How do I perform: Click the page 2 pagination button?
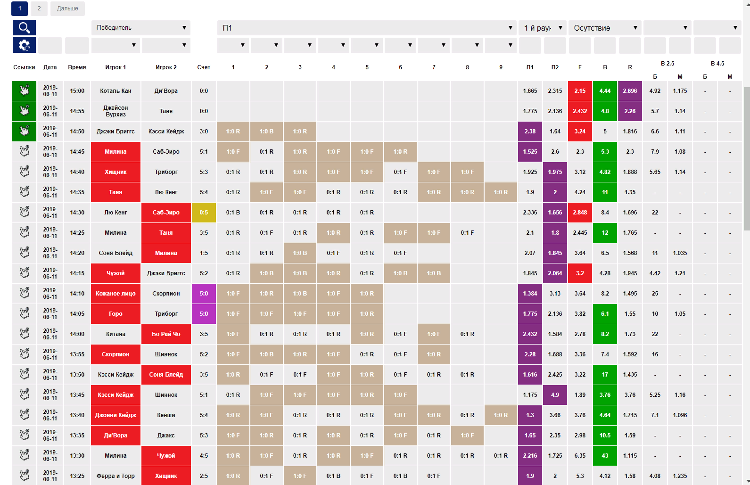(x=39, y=8)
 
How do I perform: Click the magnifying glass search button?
(x=24, y=28)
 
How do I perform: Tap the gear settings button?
(x=24, y=45)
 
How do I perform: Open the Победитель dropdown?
(x=140, y=28)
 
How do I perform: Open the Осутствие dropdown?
(x=605, y=28)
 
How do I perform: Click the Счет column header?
(x=204, y=67)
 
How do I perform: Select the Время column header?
(x=77, y=67)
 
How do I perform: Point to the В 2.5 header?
(x=667, y=63)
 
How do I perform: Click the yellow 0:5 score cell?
(x=204, y=213)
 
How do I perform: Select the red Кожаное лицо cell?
(x=115, y=294)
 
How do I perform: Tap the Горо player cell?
(x=115, y=314)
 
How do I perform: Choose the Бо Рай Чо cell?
(x=166, y=334)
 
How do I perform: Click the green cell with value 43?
(x=605, y=456)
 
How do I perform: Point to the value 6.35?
(x=580, y=456)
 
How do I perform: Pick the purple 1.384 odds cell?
(x=530, y=294)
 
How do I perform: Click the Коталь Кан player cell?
(x=115, y=91)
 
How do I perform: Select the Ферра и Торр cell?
(x=115, y=476)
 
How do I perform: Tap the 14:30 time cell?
(x=77, y=213)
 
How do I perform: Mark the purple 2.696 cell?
(x=630, y=91)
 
